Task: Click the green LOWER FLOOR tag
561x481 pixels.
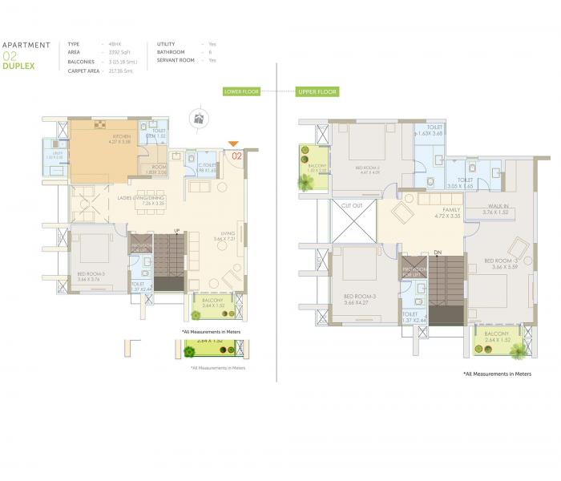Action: (x=241, y=92)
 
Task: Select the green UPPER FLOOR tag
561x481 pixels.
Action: (x=318, y=92)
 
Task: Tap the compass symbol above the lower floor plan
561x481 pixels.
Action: (x=199, y=119)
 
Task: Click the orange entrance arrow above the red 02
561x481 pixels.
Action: (x=233, y=144)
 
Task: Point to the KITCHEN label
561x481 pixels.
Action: (x=121, y=137)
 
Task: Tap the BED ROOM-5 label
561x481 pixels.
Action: (x=87, y=273)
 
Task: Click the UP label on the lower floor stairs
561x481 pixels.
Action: (x=176, y=231)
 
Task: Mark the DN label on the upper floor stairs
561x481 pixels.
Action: (x=438, y=253)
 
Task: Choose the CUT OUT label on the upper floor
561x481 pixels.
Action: (x=353, y=207)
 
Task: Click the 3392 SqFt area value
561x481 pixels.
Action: (x=124, y=52)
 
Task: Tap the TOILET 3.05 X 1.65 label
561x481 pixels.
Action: (x=465, y=182)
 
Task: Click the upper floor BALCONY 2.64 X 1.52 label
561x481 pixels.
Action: (x=496, y=335)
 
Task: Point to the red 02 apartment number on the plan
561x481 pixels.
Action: (x=237, y=156)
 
